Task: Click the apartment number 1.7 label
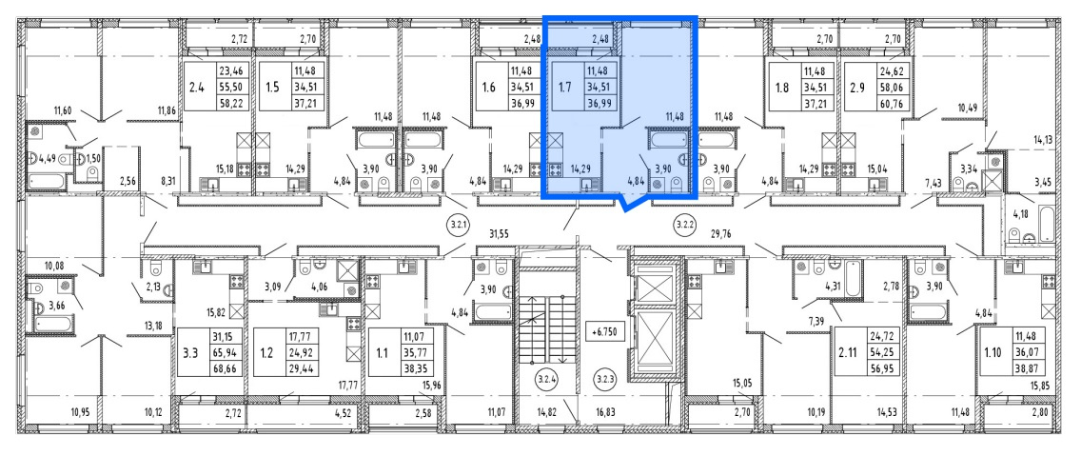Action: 564,88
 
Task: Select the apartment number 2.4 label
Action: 197,88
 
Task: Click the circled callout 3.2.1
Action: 459,224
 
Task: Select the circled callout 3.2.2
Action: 683,224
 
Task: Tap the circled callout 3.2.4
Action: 547,379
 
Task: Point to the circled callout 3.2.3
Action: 604,379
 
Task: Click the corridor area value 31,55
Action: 499,234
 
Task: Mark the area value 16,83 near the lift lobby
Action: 607,413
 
